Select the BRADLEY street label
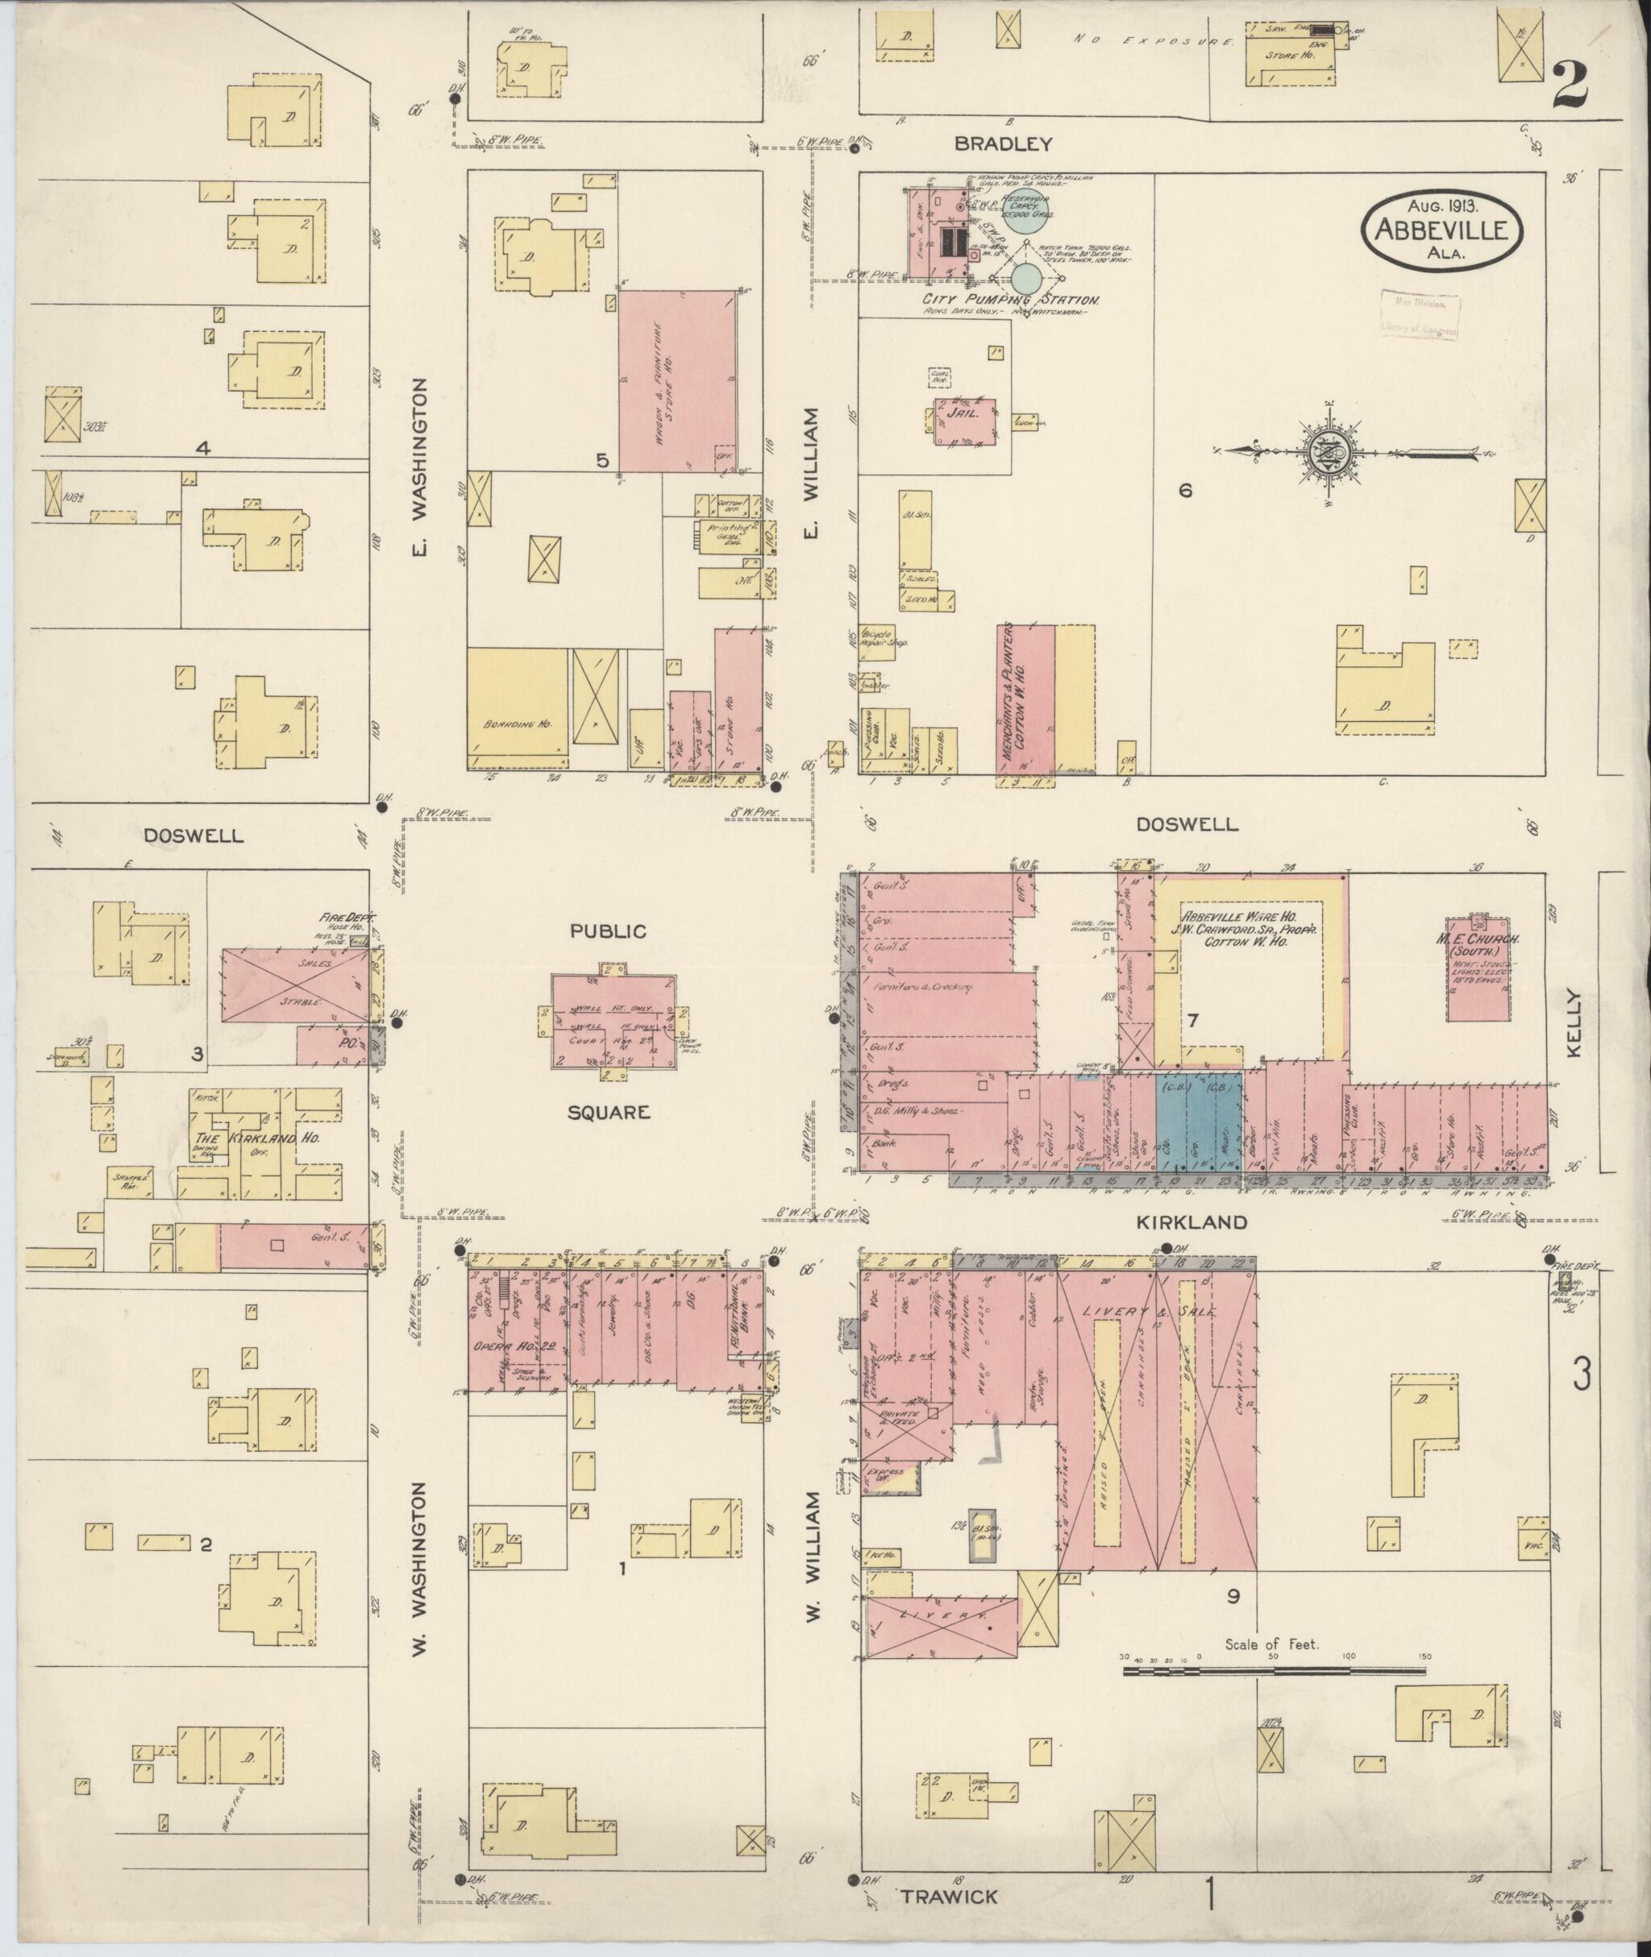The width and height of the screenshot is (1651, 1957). tap(1004, 144)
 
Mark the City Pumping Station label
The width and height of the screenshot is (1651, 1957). tap(1011, 301)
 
